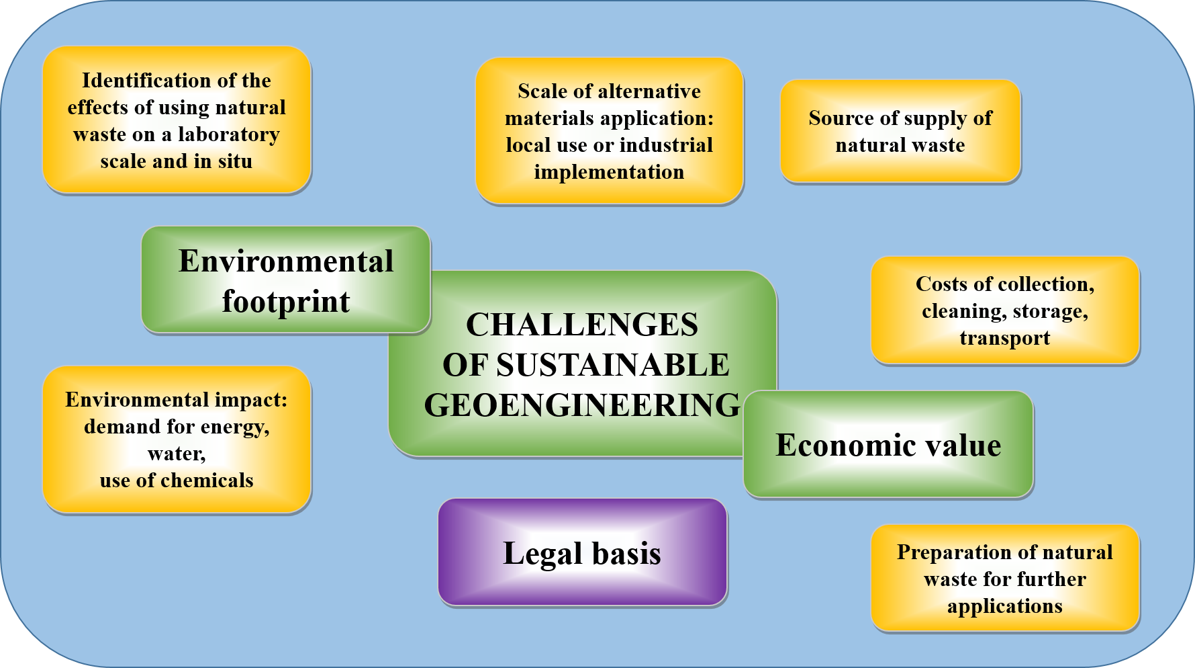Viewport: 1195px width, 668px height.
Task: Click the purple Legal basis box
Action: coord(582,552)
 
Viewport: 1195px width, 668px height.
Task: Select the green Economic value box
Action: coord(888,445)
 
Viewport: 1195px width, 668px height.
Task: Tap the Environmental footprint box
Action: coord(285,280)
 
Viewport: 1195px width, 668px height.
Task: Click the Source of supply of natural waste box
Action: coord(900,131)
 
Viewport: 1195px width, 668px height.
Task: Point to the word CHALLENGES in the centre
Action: coord(581,325)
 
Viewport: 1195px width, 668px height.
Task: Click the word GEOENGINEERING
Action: coord(582,405)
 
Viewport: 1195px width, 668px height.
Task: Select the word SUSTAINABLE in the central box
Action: coord(612,365)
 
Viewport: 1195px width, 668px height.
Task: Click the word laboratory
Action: coord(228,134)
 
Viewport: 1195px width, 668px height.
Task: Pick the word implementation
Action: coord(609,172)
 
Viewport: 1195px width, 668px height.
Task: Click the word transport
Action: coord(1004,338)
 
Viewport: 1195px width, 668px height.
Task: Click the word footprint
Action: coord(285,302)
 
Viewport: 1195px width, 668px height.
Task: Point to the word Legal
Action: coord(533,553)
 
